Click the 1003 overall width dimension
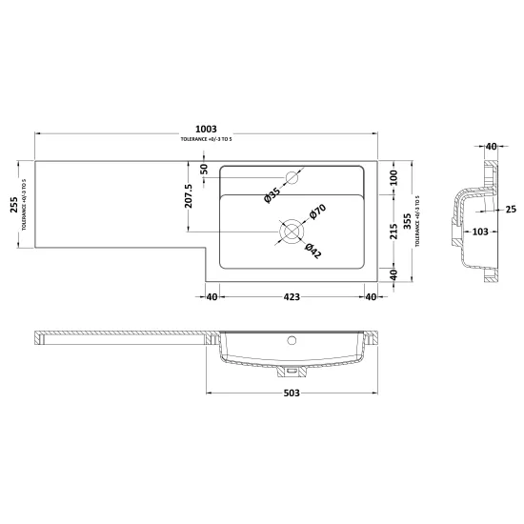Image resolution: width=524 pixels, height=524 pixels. point(206,129)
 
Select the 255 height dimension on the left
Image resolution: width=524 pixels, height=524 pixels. point(14,205)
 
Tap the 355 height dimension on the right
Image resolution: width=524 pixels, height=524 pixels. point(407,221)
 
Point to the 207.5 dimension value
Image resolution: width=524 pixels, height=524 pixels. point(189,196)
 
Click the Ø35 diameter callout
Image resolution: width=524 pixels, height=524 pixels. point(272,195)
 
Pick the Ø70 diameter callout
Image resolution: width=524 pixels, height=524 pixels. point(317,212)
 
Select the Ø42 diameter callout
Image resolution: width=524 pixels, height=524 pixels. point(313,251)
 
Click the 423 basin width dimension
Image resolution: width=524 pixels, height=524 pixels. point(292,296)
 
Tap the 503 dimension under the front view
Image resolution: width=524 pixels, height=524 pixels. point(292,393)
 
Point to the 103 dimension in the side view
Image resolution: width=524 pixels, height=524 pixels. point(480,232)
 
